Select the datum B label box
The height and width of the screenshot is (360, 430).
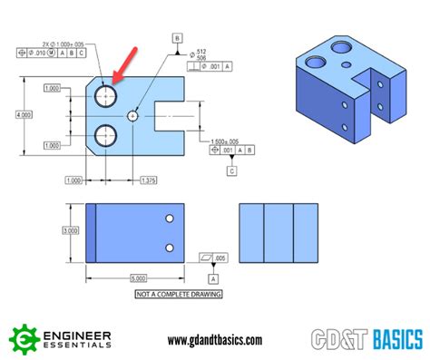pos(178,37)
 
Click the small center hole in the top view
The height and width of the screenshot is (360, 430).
pos(133,116)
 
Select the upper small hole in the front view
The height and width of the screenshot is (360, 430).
pos(169,219)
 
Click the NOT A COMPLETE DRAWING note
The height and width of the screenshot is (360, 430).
pos(178,295)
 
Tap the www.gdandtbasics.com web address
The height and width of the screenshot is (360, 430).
pos(215,340)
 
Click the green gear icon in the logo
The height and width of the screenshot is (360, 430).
pos(24,339)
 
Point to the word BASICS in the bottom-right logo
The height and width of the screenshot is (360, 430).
pos(392,340)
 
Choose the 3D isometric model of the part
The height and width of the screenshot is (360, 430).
pos(350,86)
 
